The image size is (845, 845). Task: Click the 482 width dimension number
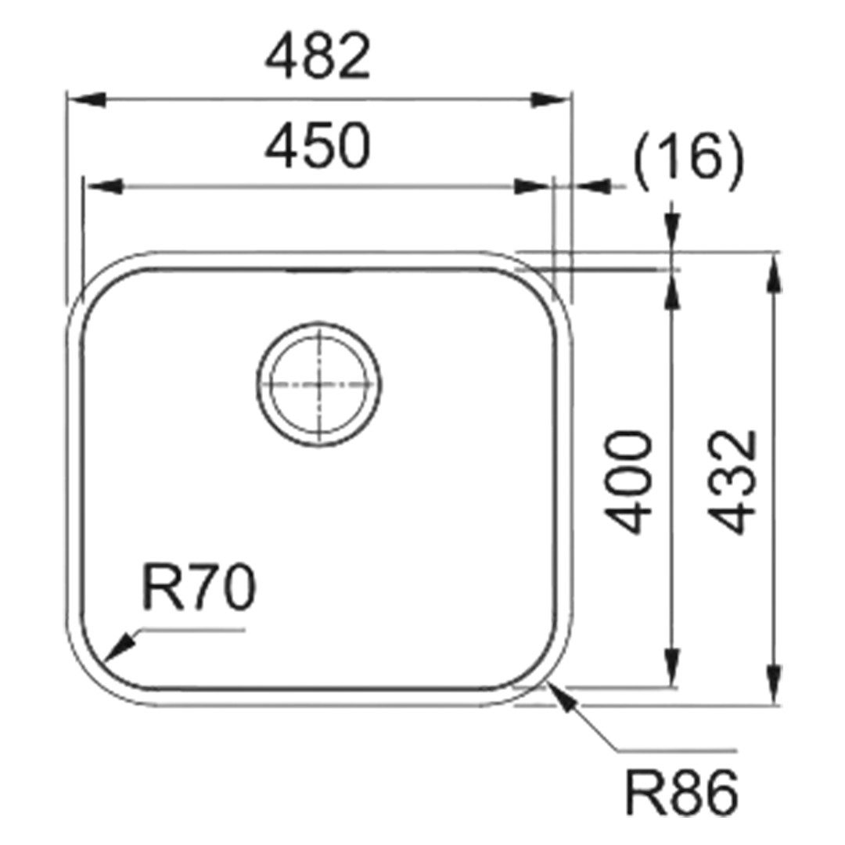(318, 56)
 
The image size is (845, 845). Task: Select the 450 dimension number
(318, 145)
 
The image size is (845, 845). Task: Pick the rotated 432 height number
(732, 482)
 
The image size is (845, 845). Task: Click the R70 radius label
(198, 588)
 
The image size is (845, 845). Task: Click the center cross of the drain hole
(319, 384)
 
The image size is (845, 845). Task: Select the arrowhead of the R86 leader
(561, 697)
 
